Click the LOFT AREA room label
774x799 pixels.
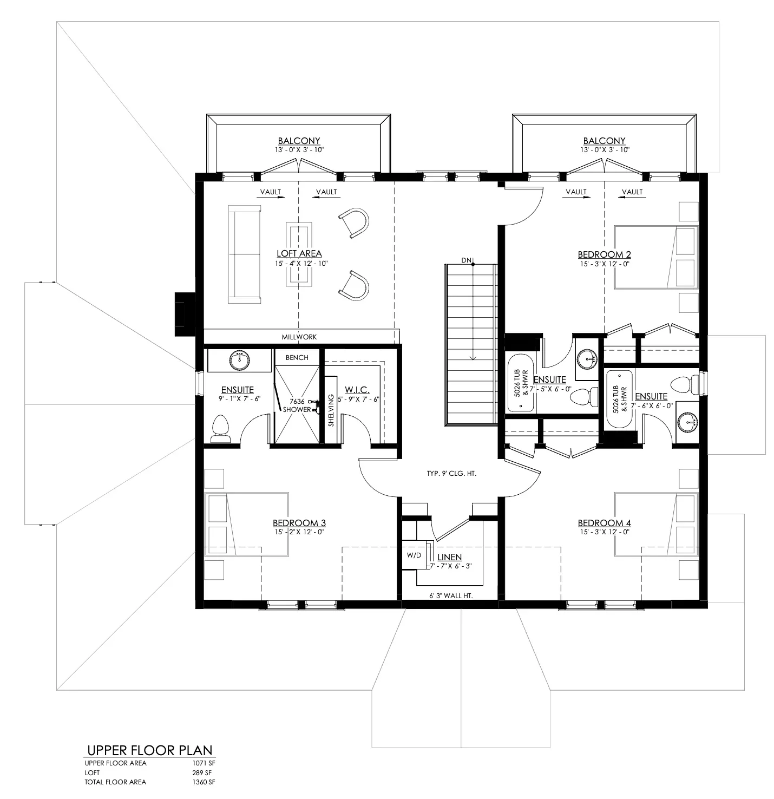point(299,253)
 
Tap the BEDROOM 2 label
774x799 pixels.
point(604,254)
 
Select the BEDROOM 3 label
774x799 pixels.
point(299,523)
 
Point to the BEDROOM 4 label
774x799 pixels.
point(604,523)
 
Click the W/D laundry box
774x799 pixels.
point(414,555)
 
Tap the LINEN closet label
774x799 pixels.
point(450,557)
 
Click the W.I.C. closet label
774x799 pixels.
point(357,390)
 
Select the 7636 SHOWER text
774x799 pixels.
point(297,405)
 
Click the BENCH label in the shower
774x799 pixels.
point(297,358)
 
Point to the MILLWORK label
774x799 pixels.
point(299,337)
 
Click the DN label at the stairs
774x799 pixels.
point(466,260)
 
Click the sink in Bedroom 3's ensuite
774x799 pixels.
point(239,361)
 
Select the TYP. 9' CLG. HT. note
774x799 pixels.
point(451,474)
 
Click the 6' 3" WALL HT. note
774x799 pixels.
point(451,595)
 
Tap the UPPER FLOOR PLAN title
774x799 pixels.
point(150,750)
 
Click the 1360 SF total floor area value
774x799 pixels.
point(204,782)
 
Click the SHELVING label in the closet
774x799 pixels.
point(331,410)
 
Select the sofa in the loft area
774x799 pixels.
point(244,254)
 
